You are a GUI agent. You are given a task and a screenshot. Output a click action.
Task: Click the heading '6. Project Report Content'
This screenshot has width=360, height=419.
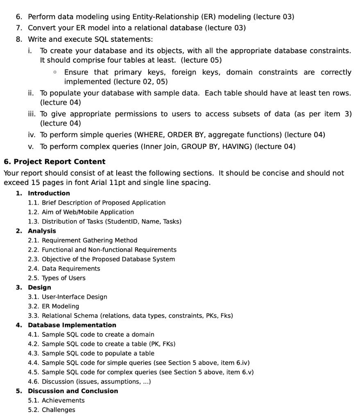(x=54, y=162)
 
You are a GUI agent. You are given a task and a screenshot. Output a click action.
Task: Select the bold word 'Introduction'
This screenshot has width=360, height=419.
(x=49, y=193)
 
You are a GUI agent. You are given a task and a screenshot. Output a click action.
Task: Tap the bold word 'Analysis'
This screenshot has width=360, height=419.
(x=42, y=231)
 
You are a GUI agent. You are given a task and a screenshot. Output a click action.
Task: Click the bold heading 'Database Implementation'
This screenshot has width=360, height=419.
(x=72, y=325)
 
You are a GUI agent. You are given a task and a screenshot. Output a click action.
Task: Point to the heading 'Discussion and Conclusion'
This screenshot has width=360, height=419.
(x=72, y=391)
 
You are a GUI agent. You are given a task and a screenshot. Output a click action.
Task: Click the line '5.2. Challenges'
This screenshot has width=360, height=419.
(x=52, y=410)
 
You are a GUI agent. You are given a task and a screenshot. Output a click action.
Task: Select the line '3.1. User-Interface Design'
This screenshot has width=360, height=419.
(x=67, y=297)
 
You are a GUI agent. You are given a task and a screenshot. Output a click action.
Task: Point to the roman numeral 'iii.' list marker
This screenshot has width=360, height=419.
(x=31, y=114)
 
